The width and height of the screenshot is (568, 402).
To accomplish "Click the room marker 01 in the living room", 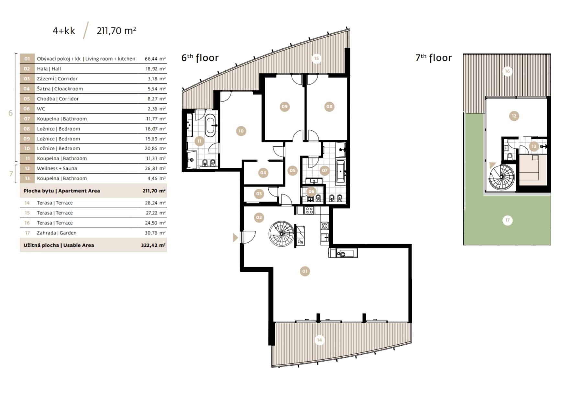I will point(305,271).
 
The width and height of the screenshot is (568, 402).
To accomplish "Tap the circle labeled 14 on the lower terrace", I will point(319,340).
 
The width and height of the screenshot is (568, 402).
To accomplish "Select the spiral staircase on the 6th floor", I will point(281,234).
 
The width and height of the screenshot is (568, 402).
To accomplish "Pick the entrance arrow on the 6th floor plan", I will point(235,238).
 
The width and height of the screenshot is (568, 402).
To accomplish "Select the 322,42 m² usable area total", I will point(153,245).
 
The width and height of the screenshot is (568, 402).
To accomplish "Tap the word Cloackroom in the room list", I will point(69,89).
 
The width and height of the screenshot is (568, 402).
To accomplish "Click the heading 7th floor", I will point(434,58).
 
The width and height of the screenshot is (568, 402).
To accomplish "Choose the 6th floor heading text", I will point(200,58).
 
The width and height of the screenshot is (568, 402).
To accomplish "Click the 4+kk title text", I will point(64,31).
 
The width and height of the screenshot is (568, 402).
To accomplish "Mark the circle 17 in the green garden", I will point(507,220).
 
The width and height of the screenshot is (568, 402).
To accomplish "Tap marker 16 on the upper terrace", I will point(507,71).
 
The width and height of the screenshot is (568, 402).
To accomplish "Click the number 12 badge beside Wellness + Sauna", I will point(27,168).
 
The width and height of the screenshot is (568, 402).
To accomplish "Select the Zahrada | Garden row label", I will point(57,233).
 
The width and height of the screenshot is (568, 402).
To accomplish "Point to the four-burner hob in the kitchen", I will point(309,211).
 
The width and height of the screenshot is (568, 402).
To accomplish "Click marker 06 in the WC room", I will point(311,191).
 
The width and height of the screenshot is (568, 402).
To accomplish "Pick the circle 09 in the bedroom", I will point(284,107).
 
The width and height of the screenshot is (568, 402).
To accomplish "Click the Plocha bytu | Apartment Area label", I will point(61,191).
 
